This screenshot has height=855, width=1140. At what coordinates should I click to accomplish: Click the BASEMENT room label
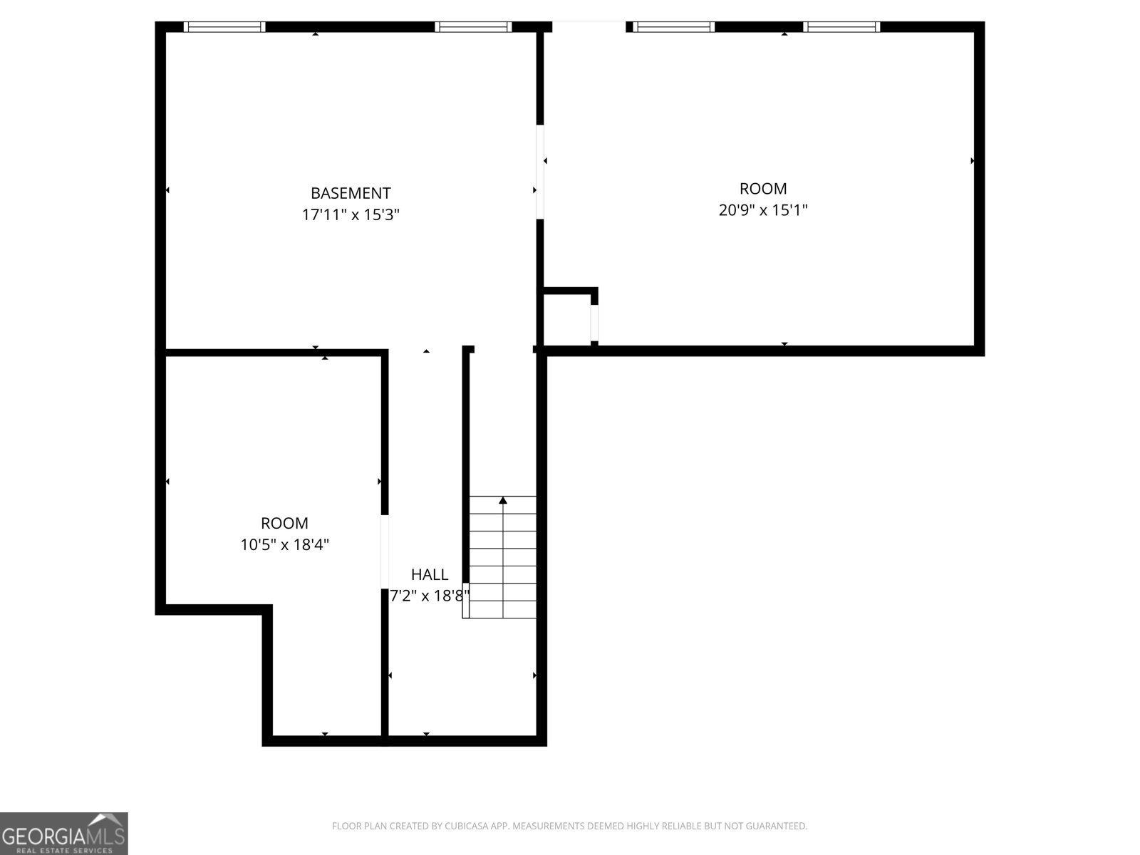click(x=351, y=193)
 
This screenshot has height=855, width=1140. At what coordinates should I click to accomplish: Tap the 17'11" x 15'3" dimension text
click(x=351, y=214)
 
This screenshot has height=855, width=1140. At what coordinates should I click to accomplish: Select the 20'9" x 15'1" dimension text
click(x=763, y=210)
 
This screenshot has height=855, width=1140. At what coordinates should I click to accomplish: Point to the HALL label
click(x=430, y=574)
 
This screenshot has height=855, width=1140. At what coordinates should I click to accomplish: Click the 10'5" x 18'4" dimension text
click(x=285, y=545)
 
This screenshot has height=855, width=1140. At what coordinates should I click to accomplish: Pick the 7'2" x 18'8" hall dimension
click(x=430, y=596)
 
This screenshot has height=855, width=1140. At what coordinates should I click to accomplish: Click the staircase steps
click(x=503, y=563)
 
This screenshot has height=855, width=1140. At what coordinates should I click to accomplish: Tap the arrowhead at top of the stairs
click(x=503, y=500)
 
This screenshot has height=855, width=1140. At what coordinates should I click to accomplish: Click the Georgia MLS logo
click(x=64, y=833)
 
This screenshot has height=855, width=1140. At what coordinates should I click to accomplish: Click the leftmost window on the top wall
click(x=224, y=27)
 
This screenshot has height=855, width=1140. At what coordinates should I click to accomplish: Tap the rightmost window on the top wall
click(x=841, y=27)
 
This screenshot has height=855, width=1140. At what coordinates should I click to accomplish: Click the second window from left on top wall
click(x=474, y=27)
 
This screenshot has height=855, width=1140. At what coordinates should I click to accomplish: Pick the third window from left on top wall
click(x=674, y=27)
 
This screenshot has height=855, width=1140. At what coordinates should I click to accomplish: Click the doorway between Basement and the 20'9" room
click(x=540, y=172)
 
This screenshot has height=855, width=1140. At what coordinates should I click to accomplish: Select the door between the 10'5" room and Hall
click(x=385, y=551)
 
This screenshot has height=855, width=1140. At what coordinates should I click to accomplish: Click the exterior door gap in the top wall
click(x=589, y=27)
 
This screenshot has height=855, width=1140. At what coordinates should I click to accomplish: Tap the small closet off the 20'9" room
click(x=567, y=318)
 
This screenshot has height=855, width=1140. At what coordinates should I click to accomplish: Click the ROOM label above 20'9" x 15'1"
click(x=763, y=189)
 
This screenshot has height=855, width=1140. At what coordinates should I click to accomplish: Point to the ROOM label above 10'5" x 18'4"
click(x=285, y=524)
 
